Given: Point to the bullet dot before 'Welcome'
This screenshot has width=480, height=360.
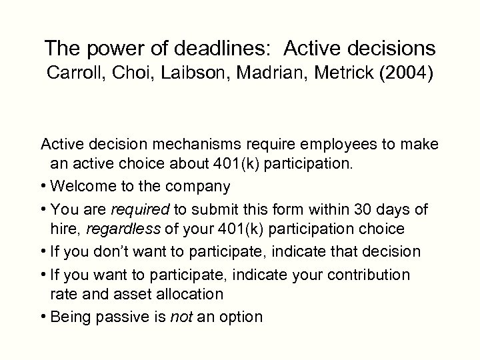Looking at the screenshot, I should click(44, 186).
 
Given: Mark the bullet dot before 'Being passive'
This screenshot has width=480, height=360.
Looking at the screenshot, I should click(44, 318).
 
